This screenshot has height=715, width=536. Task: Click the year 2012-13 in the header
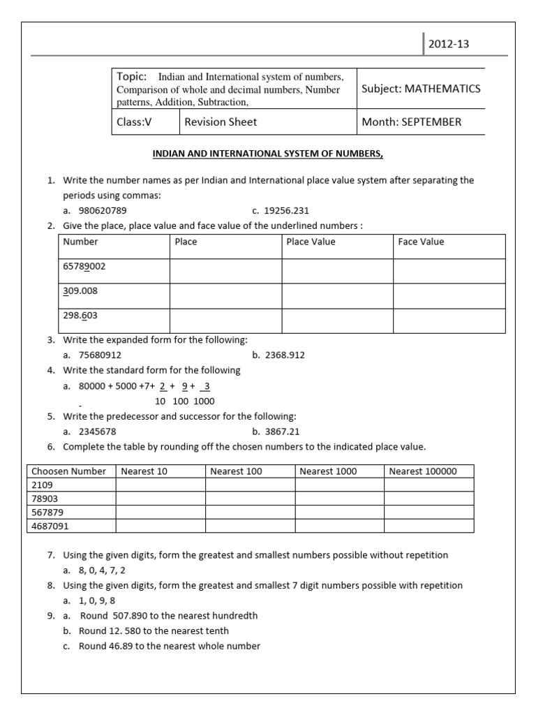coord(449,44)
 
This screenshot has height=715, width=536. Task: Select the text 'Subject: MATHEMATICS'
coord(421,89)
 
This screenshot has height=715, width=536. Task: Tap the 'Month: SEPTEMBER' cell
coord(411,121)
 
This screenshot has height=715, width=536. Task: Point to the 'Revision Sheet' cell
coord(221,121)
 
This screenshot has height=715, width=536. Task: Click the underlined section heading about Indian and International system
coord(268,154)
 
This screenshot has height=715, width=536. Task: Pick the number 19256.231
coord(285,210)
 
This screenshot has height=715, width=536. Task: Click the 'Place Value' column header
coord(311,242)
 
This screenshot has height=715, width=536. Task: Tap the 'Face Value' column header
coord(421,242)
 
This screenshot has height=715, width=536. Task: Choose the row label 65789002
coord(84,266)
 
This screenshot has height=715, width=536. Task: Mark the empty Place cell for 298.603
coord(225,320)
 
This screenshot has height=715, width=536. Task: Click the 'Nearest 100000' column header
coord(423,471)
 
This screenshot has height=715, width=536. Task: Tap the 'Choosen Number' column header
coord(68,471)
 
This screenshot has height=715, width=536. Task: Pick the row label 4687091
coord(51,526)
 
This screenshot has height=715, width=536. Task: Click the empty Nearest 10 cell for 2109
coord(160,485)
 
